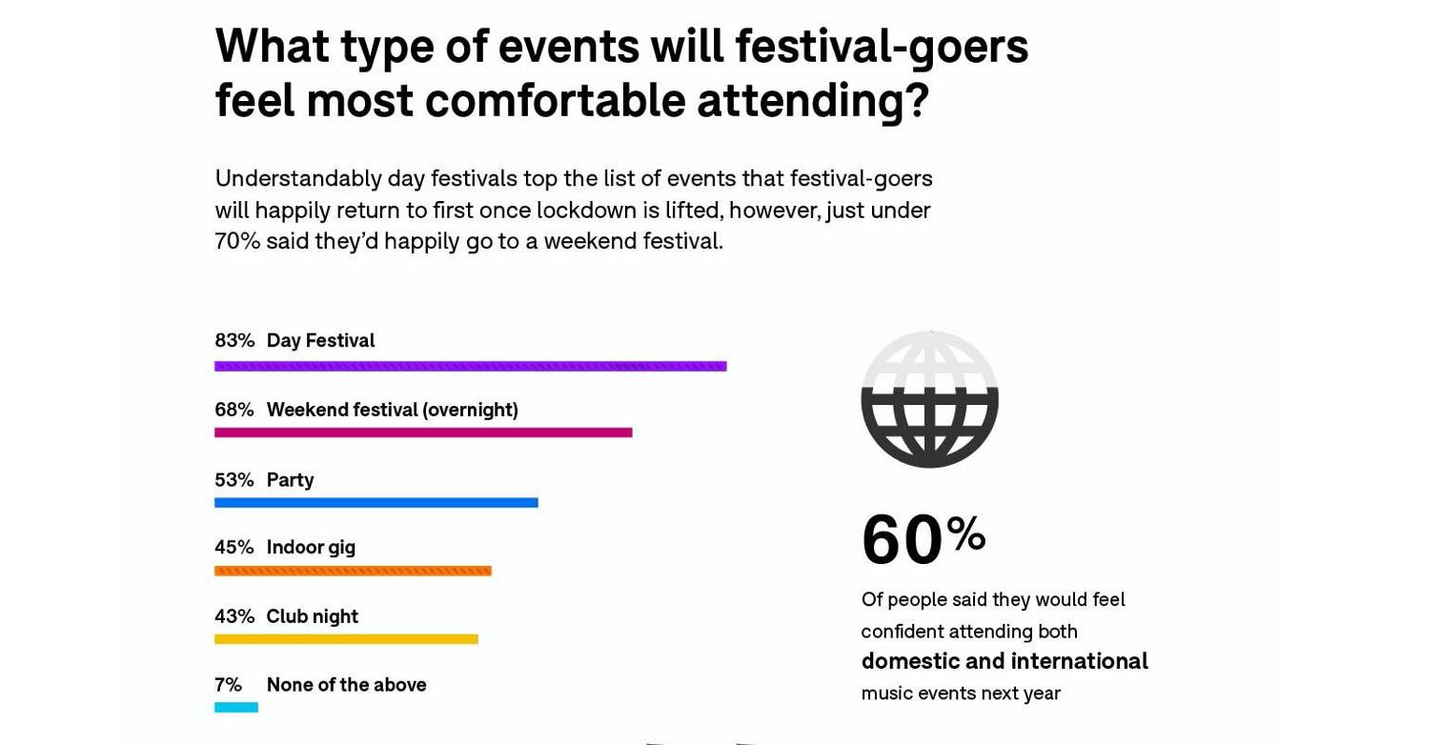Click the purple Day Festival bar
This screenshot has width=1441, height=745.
[470, 367]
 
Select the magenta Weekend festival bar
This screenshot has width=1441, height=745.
[423, 433]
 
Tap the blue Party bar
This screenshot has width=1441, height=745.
[376, 503]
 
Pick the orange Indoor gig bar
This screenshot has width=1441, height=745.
[354, 571]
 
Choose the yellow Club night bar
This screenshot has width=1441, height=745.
[346, 639]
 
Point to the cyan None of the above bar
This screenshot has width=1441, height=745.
[236, 707]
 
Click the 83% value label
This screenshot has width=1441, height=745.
[234, 340]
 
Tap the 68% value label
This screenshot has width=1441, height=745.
[234, 410]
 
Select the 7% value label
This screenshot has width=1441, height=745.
[229, 685]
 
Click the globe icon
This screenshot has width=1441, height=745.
[929, 398]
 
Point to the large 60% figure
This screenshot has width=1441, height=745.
[923, 538]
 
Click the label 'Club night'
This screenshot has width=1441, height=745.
[312, 616]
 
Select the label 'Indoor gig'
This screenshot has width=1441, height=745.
[311, 548]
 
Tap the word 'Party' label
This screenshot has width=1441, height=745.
[290, 480]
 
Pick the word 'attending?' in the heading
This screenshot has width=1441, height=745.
[813, 102]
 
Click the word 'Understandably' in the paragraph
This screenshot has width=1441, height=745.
[298, 179]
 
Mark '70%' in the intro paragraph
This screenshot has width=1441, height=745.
[237, 241]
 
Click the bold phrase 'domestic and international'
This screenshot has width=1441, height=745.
[1005, 661]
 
